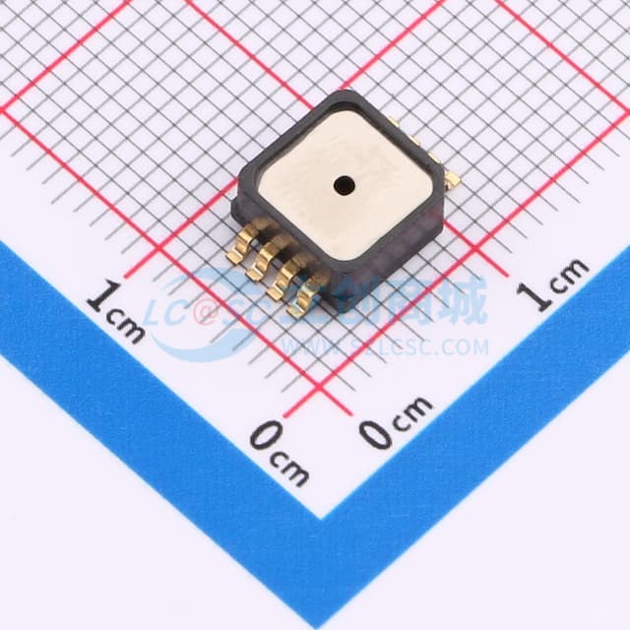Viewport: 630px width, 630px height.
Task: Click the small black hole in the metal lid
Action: point(344,182)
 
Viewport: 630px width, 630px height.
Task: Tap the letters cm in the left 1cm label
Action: point(126,325)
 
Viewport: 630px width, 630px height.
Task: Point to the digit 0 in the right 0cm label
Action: point(375,434)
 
